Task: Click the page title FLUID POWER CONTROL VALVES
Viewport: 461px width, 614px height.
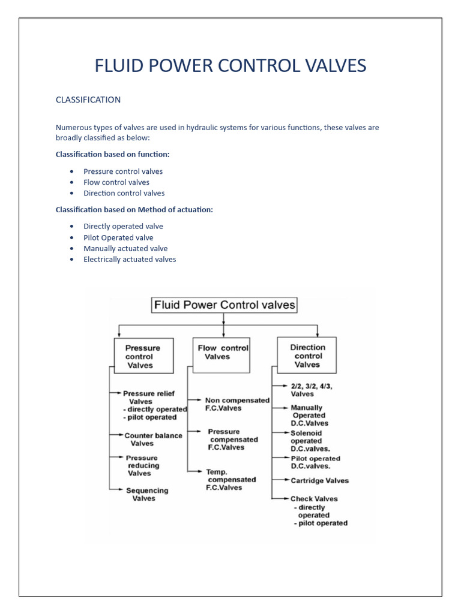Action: pyautogui.click(x=230, y=65)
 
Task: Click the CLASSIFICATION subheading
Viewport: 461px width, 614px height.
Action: pyautogui.click(x=88, y=100)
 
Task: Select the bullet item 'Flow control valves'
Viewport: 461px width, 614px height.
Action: pyautogui.click(x=116, y=182)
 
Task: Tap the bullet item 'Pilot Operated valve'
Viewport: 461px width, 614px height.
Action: pyautogui.click(x=118, y=237)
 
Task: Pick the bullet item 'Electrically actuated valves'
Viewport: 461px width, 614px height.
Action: pyautogui.click(x=130, y=260)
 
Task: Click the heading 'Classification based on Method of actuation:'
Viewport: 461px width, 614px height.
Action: pyautogui.click(x=134, y=210)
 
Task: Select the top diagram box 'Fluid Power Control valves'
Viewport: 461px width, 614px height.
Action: pyautogui.click(x=224, y=305)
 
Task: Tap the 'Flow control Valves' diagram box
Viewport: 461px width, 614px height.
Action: pyautogui.click(x=223, y=352)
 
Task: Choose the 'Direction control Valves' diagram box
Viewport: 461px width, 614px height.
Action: pyautogui.click(x=307, y=356)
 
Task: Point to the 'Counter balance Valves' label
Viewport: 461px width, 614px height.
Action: pyautogui.click(x=152, y=440)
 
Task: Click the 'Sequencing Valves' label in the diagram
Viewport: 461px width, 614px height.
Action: pyautogui.click(x=146, y=494)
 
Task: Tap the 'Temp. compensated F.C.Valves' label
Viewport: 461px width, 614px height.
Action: pyautogui.click(x=231, y=480)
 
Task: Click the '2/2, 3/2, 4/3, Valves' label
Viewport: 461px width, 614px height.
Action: pyautogui.click(x=310, y=390)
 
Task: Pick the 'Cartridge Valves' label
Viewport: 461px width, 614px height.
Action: pyautogui.click(x=319, y=480)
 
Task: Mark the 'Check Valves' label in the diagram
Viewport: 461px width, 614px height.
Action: pyautogui.click(x=314, y=498)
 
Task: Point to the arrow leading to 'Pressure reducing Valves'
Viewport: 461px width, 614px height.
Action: pyautogui.click(x=117, y=459)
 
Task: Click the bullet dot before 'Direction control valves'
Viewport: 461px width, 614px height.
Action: pyautogui.click(x=71, y=194)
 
